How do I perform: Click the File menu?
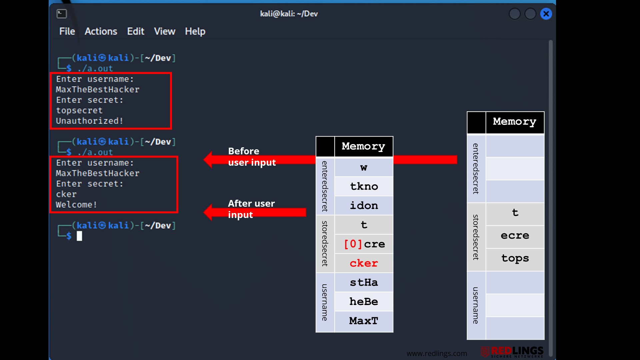pyautogui.click(x=67, y=31)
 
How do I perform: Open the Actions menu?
pyautogui.click(x=101, y=31)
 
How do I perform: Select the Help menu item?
pyautogui.click(x=195, y=32)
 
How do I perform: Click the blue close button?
pyautogui.click(x=546, y=14)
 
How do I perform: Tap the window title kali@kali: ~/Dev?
pyautogui.click(x=289, y=14)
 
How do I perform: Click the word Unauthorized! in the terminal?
pyautogui.click(x=89, y=121)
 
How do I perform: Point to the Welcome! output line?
pyautogui.click(x=76, y=205)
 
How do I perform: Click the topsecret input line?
pyautogui.click(x=79, y=111)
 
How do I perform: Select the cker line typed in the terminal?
pyautogui.click(x=66, y=194)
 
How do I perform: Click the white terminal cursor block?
pyautogui.click(x=79, y=236)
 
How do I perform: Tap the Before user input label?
pyautogui.click(x=252, y=157)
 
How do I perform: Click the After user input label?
pyautogui.click(x=251, y=209)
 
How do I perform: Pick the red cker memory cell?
pyautogui.click(x=364, y=263)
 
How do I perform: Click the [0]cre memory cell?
pyautogui.click(x=364, y=244)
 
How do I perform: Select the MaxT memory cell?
pyautogui.click(x=364, y=321)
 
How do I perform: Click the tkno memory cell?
pyautogui.click(x=364, y=186)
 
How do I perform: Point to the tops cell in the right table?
pyautogui.click(x=515, y=259)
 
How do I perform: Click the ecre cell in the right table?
pyautogui.click(x=515, y=236)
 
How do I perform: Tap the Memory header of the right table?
pyautogui.click(x=515, y=122)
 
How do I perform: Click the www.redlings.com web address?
pyautogui.click(x=437, y=354)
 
